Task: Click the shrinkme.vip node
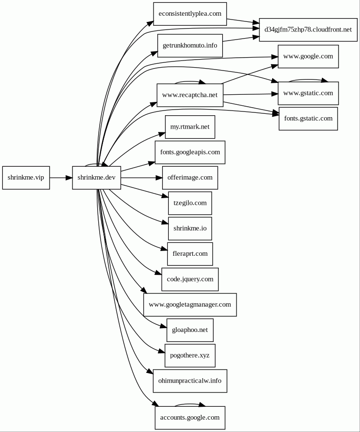coord(26,178)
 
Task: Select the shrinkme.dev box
coord(96,178)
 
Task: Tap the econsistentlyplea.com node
coord(190,14)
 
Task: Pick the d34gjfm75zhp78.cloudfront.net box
coord(308,30)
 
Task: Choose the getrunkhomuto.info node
coord(190,46)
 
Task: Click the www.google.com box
coord(308,57)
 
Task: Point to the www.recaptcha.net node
coord(190,95)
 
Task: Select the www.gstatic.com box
coord(308,93)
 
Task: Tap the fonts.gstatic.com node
coord(308,119)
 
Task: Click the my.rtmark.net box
coord(190,127)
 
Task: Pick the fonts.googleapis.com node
coord(190,152)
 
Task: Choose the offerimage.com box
coord(190,178)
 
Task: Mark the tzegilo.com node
coord(190,203)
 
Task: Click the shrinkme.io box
coord(190,229)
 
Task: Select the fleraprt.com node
coord(190,254)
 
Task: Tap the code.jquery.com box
coord(190,279)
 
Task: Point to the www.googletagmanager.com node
coord(190,305)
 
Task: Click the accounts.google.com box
coord(190,418)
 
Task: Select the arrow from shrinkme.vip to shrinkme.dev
coord(61,178)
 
